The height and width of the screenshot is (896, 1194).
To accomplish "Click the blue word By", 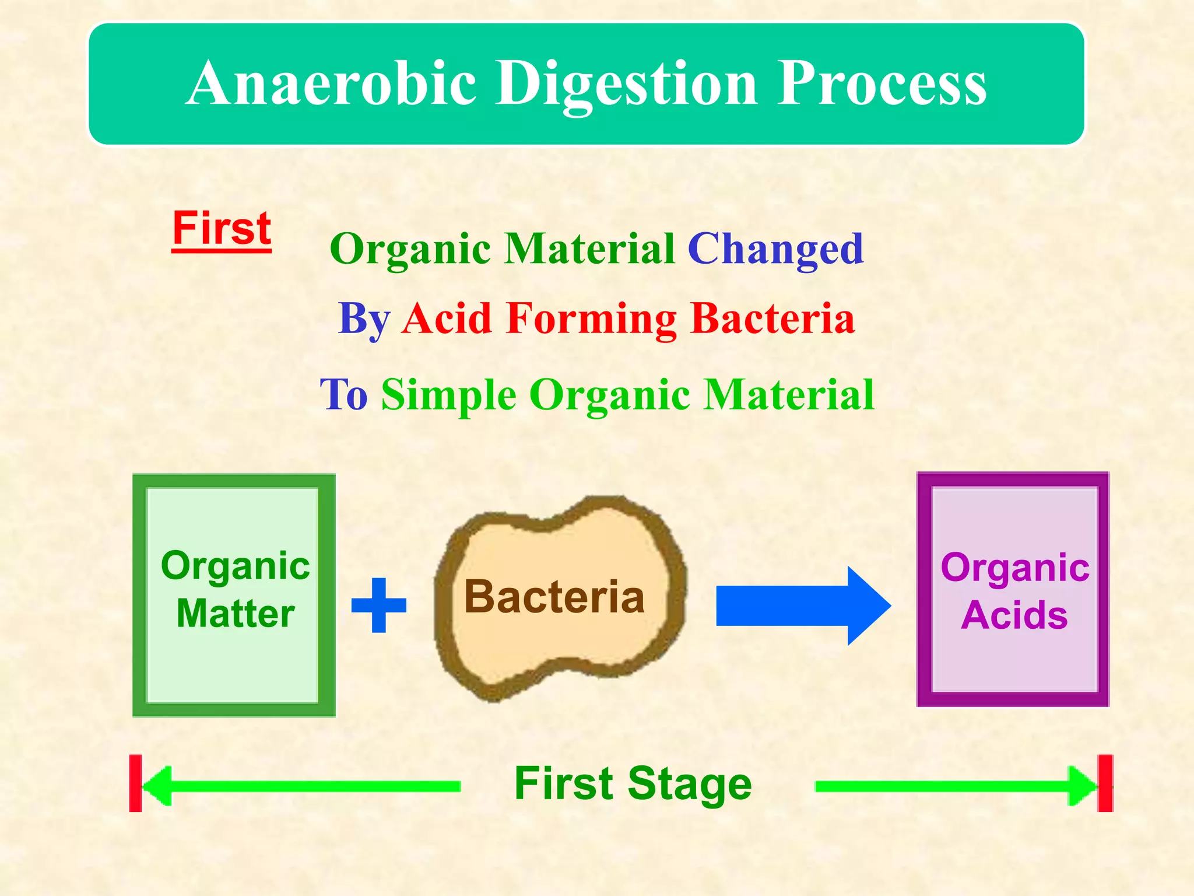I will click(364, 319).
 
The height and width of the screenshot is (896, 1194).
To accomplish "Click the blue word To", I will click(344, 395).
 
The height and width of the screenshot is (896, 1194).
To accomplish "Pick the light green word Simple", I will click(448, 395).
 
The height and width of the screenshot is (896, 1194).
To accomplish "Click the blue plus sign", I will click(379, 605).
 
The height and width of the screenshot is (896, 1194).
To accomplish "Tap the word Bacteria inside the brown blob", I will click(554, 597).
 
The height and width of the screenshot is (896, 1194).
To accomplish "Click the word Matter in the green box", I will click(236, 614).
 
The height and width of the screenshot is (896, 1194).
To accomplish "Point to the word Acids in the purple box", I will click(1014, 615).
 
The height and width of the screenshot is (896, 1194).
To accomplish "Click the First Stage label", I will click(633, 784).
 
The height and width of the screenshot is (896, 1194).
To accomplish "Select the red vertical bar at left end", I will click(135, 783).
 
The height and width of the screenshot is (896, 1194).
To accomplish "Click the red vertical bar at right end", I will click(1105, 783).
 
